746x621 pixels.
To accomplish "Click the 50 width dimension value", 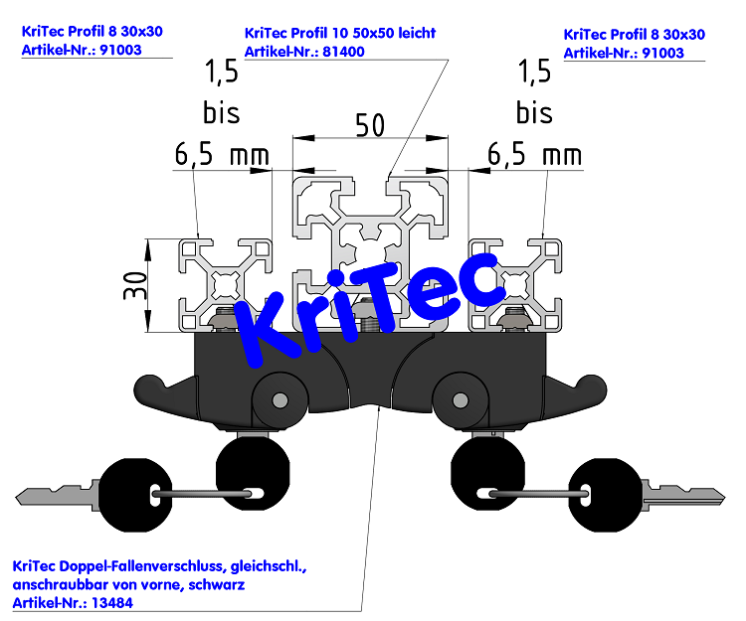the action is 370,125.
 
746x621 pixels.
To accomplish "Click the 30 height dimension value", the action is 135,285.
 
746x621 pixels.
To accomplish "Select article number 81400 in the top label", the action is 343,52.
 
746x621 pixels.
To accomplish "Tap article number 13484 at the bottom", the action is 112,603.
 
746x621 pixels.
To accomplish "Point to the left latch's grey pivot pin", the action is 280,400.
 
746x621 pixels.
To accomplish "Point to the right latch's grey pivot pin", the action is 461,400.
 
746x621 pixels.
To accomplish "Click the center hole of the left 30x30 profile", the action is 226,284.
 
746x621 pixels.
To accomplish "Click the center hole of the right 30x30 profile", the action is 515,284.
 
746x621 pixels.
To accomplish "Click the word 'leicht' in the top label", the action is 417,33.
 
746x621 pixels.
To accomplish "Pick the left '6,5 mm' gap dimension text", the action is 222,155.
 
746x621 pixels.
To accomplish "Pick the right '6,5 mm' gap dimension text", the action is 535,155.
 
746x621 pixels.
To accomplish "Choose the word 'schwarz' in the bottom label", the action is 217,584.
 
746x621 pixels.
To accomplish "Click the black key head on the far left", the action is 134,494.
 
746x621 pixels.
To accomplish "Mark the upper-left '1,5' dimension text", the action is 221,73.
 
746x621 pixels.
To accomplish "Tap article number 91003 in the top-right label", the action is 662,53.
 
